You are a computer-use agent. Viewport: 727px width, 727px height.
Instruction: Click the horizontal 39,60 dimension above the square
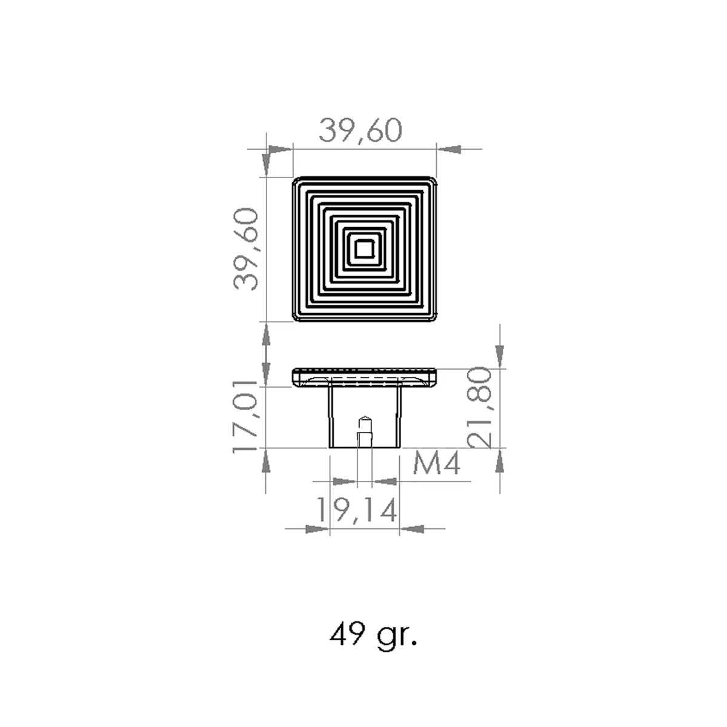click(360, 130)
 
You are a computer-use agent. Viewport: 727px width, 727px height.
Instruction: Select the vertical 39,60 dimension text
click(246, 249)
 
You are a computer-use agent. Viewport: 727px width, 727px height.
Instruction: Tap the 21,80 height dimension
click(479, 408)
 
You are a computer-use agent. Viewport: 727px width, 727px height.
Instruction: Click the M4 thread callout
click(436, 463)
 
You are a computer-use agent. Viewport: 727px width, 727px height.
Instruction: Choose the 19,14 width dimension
click(356, 510)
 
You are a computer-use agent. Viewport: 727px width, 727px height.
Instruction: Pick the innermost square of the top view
click(363, 249)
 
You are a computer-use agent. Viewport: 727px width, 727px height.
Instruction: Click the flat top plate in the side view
click(364, 377)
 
